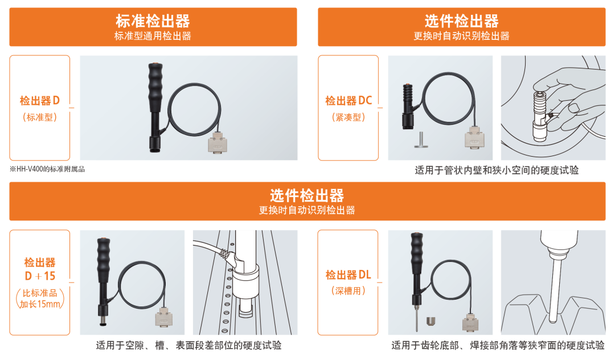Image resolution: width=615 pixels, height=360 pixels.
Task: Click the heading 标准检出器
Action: [x=153, y=21]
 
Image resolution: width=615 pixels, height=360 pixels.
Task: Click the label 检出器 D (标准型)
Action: [x=40, y=108]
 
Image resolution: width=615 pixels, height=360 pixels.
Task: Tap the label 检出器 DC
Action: [x=348, y=101]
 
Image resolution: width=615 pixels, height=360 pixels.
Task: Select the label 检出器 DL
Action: [x=348, y=275]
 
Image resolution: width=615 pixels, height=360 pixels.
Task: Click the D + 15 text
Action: [x=40, y=276]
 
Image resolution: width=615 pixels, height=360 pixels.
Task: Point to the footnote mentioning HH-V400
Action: [x=47, y=169]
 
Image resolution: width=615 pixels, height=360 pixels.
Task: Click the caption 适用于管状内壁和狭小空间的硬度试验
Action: [x=497, y=170]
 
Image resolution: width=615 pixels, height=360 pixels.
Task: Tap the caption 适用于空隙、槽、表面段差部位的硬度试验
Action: [x=188, y=345]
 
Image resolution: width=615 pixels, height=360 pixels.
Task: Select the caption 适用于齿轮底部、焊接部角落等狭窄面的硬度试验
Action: [x=498, y=345]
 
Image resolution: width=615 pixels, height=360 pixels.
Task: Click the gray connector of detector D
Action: [x=218, y=142]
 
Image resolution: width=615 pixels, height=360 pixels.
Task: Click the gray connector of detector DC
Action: [x=474, y=137]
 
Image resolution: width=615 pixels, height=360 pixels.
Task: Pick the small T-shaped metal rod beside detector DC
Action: [x=421, y=140]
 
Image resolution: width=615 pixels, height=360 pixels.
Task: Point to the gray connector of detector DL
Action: [x=470, y=322]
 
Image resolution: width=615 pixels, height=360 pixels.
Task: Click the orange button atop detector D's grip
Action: [x=155, y=63]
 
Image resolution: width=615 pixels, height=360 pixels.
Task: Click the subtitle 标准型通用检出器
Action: [x=153, y=36]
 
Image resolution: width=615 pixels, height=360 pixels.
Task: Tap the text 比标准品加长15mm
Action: [x=40, y=299]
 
